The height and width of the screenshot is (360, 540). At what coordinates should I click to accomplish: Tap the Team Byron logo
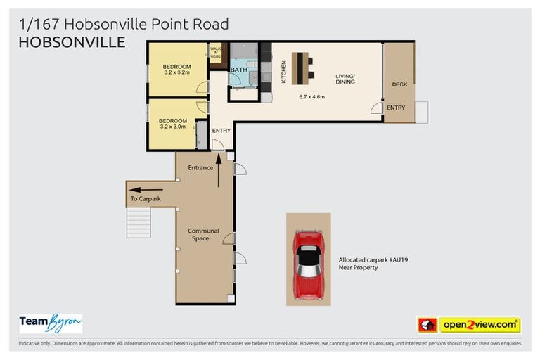50,323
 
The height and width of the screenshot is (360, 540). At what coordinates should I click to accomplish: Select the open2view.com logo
480,325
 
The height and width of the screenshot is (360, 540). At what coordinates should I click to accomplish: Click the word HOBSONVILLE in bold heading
72,42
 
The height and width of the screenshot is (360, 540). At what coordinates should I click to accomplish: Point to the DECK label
399,84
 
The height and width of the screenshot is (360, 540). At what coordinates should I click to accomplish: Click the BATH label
238,70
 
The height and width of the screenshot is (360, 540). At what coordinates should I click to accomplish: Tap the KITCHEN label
284,72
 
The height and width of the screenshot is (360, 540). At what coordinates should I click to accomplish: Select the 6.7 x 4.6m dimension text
311,96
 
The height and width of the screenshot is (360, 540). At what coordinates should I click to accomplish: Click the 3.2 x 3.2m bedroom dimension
176,72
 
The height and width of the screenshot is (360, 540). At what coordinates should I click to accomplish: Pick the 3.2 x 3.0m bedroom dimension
172,127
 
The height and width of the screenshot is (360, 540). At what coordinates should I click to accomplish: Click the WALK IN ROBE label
215,52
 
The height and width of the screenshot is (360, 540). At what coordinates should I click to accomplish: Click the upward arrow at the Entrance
219,171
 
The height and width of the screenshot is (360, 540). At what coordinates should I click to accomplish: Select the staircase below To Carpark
139,222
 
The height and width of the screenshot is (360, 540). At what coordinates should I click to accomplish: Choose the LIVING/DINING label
345,78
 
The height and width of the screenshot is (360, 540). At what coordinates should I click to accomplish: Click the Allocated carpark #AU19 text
373,259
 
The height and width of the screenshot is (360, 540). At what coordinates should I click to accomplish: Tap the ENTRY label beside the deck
395,108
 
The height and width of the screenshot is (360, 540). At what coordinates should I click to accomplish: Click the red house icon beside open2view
427,325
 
